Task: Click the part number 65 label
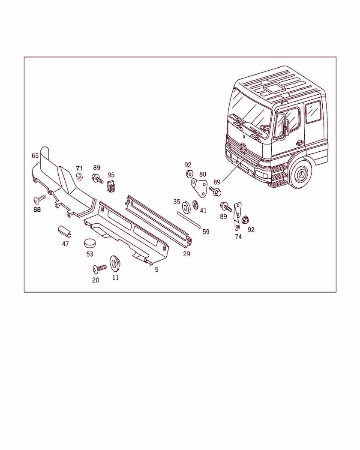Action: pos(35,156)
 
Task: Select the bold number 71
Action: pos(79,168)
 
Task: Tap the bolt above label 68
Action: pos(40,198)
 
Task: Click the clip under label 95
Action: pos(111,186)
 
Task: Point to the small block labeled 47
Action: pos(65,231)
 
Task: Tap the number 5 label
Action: pos(156,270)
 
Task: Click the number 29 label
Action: pos(186,254)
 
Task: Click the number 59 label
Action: pos(206,232)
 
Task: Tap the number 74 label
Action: pos(238,237)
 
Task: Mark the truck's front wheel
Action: pos(300,174)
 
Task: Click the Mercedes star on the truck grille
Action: pos(244,149)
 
